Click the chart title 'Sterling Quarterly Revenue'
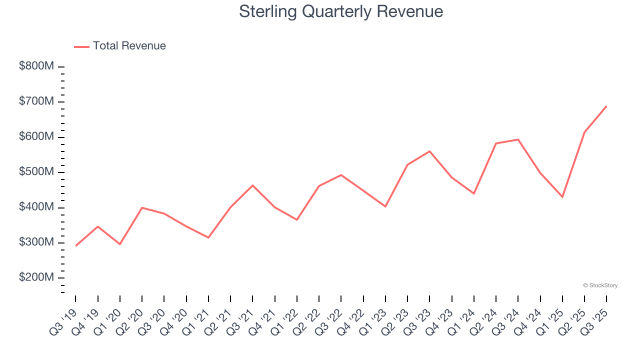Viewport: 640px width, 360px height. pyautogui.click(x=341, y=11)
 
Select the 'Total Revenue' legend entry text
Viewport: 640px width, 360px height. pyautogui.click(x=129, y=46)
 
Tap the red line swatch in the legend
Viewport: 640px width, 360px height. pyautogui.click(x=81, y=46)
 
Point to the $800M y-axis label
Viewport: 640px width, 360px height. pyautogui.click(x=36, y=66)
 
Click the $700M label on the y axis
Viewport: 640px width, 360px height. pyautogui.click(x=36, y=102)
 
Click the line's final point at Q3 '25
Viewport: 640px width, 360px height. pyautogui.click(x=606, y=106)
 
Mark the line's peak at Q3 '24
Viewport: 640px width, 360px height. pyautogui.click(x=518, y=139)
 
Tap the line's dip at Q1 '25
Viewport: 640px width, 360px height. pyautogui.click(x=562, y=197)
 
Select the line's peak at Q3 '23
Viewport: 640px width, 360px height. pyautogui.click(x=429, y=151)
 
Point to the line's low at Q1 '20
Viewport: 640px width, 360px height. pyautogui.click(x=120, y=244)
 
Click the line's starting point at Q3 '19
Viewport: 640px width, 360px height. pyautogui.click(x=75, y=246)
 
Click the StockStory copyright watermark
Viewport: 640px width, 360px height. pyautogui.click(x=600, y=285)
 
